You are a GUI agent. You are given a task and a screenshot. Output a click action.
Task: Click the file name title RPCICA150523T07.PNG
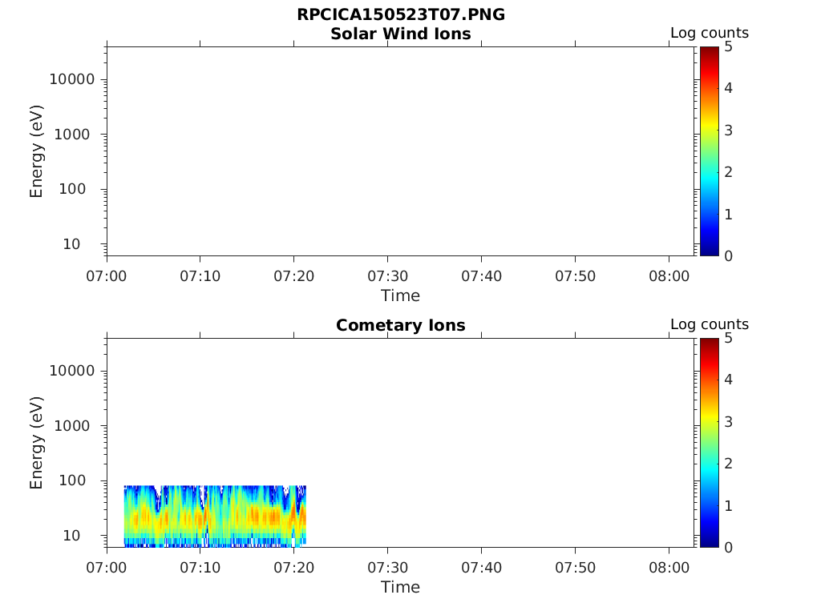coord(401,14)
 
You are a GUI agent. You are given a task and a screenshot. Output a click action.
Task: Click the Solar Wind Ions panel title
coord(401,34)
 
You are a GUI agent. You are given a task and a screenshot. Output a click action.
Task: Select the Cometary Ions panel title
coord(401,325)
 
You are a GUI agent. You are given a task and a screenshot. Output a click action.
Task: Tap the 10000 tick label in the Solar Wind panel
coord(72,79)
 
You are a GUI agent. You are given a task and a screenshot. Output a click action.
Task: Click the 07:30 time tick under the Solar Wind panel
coord(388,276)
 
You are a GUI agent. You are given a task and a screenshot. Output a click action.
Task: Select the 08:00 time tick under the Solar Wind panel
coord(669,276)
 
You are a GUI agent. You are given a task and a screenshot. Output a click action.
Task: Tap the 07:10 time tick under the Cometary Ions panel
coord(200,568)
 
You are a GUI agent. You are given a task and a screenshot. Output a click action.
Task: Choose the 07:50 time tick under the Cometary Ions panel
coord(575,568)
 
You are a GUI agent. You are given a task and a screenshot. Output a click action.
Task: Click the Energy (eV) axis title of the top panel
coord(37,151)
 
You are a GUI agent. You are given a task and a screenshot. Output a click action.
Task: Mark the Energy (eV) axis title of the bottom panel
coord(37,443)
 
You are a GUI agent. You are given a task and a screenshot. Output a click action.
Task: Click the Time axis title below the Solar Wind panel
coord(400,295)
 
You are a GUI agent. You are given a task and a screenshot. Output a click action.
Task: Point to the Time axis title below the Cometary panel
coord(400,587)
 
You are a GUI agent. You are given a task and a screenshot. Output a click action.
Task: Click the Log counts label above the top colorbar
coord(710,33)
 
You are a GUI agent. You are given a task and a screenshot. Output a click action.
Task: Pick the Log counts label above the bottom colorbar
coord(710,324)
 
